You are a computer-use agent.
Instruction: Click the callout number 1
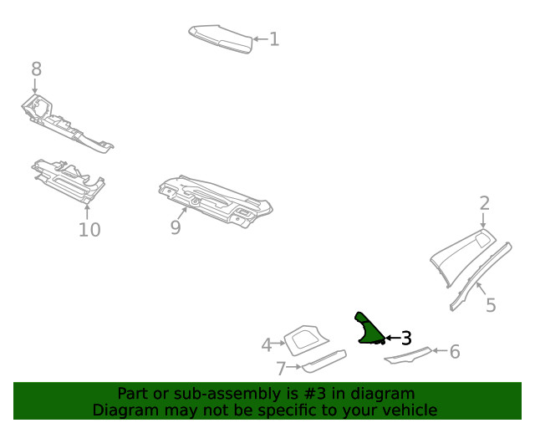click(274, 38)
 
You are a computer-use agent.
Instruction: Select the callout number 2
click(485, 203)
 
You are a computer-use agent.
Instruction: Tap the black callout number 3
click(406, 339)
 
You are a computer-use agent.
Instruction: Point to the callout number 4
click(267, 344)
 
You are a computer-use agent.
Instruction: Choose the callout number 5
click(491, 306)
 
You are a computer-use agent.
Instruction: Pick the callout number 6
click(455, 352)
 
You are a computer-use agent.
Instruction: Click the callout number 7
click(282, 368)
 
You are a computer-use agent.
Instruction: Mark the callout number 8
click(36, 69)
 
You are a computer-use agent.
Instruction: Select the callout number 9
click(176, 227)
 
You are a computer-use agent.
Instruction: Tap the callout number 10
click(89, 229)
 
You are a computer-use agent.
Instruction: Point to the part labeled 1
click(221, 38)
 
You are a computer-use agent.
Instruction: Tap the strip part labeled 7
click(324, 361)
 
